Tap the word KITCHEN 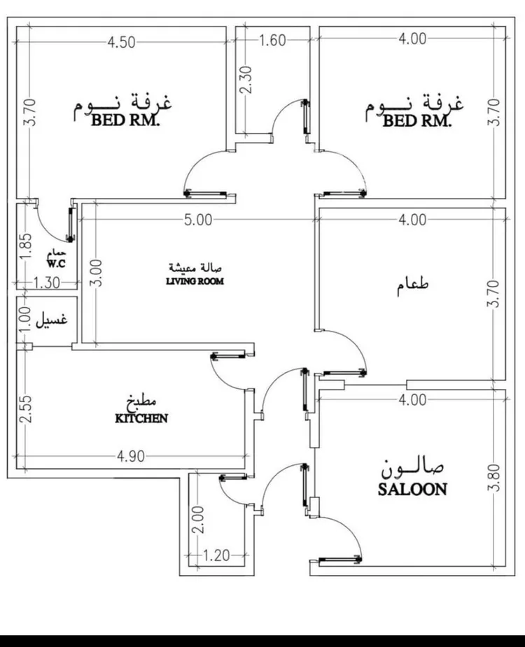click(141, 418)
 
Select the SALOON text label click(412, 489)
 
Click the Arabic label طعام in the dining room click(412, 285)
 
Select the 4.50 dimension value click(121, 41)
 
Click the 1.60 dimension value click(272, 41)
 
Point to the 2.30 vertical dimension click(246, 81)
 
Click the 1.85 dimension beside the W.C click(26, 246)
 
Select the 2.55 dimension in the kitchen click(26, 410)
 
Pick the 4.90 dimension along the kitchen click(130, 457)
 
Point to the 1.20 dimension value click(218, 557)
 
